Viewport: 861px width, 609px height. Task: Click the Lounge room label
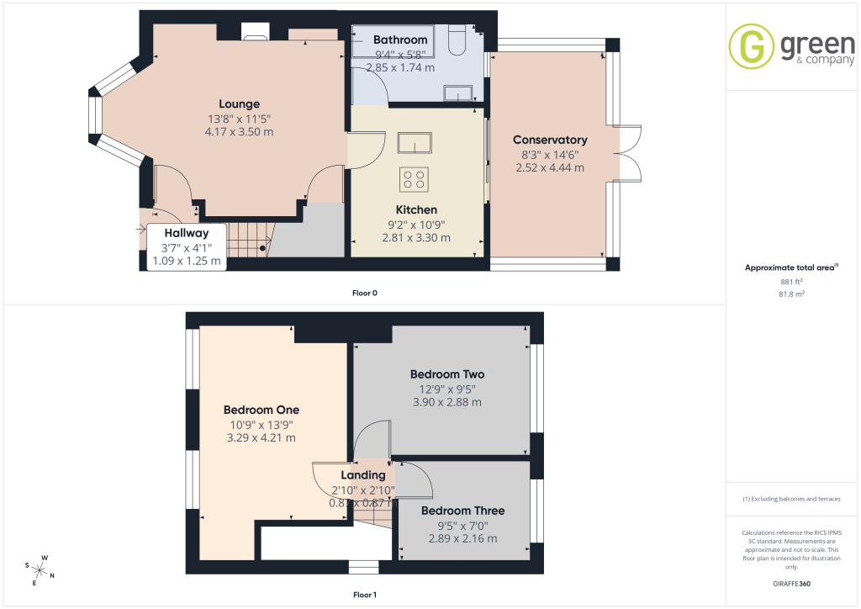(x=239, y=103)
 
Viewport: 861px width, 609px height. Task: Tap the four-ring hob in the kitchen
(x=414, y=179)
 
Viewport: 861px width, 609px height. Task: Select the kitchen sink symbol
(x=415, y=143)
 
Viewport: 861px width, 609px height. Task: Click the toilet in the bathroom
(x=457, y=40)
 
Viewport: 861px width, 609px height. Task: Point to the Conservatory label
(x=550, y=140)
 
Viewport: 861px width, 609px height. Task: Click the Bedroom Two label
(x=447, y=374)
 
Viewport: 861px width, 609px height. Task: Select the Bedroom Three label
(x=463, y=511)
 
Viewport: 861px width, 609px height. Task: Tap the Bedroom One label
(x=261, y=410)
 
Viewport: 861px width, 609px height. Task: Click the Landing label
(x=363, y=475)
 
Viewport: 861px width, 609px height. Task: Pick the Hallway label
(x=186, y=233)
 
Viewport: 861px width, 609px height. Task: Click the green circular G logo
(x=751, y=46)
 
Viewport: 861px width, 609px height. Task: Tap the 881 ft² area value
(x=791, y=282)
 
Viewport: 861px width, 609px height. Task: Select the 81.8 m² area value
(x=791, y=294)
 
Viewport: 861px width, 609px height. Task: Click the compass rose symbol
(x=39, y=570)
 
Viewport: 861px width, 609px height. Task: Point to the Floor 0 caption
(x=365, y=293)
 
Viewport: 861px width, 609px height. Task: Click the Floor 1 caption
(x=365, y=595)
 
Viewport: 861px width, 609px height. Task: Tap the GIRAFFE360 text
(x=791, y=584)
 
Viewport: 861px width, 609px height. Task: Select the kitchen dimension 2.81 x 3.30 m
(x=416, y=238)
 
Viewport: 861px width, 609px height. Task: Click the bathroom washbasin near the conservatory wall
(x=458, y=93)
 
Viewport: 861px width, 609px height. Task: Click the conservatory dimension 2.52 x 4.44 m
(x=550, y=167)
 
